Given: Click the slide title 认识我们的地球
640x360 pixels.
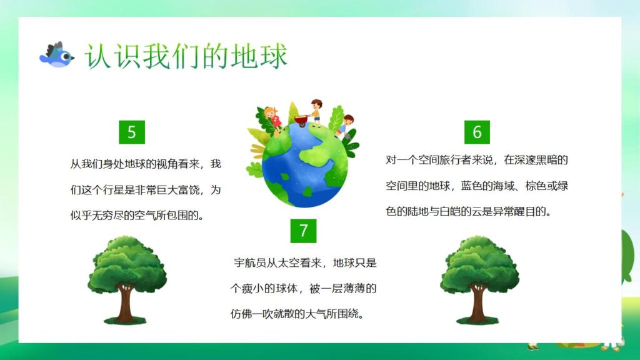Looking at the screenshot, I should [x=186, y=56].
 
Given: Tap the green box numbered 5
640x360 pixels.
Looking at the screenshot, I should [x=132, y=132].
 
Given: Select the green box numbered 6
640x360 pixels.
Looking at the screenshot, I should [x=477, y=132].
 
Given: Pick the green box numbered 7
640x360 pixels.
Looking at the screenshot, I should [x=304, y=231].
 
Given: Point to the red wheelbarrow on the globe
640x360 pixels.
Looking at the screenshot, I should [x=303, y=121].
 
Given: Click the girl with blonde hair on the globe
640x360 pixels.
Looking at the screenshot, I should [x=272, y=117].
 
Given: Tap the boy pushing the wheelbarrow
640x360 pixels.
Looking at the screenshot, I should [x=317, y=111].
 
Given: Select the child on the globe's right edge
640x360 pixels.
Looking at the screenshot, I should [x=346, y=125].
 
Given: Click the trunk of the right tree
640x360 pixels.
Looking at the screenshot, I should [x=479, y=304].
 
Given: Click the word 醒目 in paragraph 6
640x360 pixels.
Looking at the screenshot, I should [x=516, y=211].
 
